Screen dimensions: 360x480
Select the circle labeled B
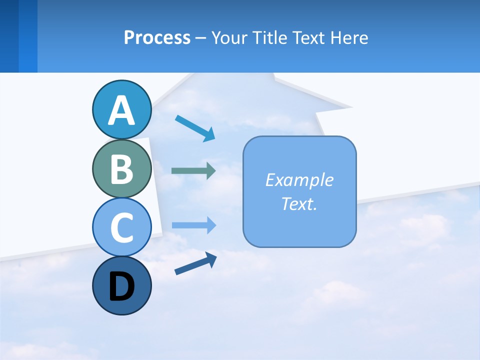coord(121,168)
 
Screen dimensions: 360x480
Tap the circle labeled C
coord(121,227)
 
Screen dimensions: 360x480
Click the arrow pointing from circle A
coord(195,128)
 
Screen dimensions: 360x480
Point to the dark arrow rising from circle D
coord(195,263)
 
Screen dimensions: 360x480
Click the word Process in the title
coord(157,37)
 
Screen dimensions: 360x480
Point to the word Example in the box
coord(299,180)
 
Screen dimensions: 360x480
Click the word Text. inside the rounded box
coord(299,203)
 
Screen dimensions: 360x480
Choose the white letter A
coord(121,110)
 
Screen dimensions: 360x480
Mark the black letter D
coord(121,287)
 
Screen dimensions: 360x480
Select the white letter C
coord(121,227)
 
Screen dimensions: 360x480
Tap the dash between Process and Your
coord(201,38)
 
